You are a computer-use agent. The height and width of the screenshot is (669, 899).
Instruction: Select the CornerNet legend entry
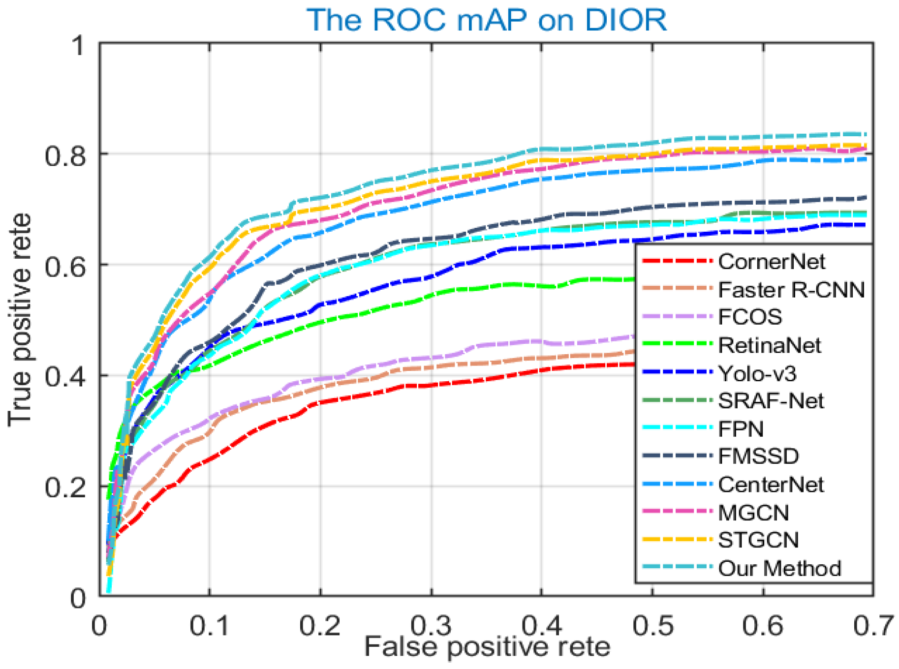coord(771,261)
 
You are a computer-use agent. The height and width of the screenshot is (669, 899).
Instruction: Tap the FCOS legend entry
coord(750,317)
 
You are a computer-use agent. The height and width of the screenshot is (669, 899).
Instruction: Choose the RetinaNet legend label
coord(770,345)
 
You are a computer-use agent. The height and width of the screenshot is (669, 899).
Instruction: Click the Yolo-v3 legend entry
coord(757,374)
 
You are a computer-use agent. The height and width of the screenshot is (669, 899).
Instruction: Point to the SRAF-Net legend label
coord(771,401)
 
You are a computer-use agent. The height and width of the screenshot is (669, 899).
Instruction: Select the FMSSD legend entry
coord(758,456)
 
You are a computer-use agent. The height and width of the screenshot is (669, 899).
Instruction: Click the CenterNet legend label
coord(771,485)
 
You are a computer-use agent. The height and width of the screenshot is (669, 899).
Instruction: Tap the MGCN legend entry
coord(753,513)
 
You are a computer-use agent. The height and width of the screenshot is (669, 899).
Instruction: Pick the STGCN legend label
coord(758,540)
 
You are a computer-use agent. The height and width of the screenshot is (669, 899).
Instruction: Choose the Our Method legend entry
coord(779,569)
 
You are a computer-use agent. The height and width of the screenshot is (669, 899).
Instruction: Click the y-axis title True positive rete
coord(20,320)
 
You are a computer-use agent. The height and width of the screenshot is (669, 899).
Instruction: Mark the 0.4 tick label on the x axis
coord(541,626)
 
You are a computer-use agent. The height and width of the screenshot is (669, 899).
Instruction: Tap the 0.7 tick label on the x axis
coord(872,626)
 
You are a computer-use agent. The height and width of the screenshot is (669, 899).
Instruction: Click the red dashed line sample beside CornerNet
coord(677,261)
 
